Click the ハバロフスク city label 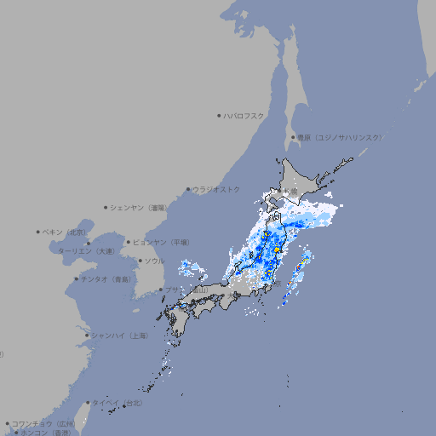tap(244, 115)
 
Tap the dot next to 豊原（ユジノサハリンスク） tap(292, 137)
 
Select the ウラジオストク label tap(216, 189)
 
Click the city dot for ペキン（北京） tap(38, 232)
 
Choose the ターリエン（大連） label tap(86, 251)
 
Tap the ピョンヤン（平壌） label tap(161, 242)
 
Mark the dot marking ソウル tap(139, 261)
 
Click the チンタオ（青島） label tap(106, 278)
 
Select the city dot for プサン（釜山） tap(161, 290)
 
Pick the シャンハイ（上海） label tap(120, 336)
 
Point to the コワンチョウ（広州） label tap(43, 423)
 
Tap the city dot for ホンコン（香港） tap(15, 433)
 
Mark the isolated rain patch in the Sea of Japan tap(192, 272)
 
